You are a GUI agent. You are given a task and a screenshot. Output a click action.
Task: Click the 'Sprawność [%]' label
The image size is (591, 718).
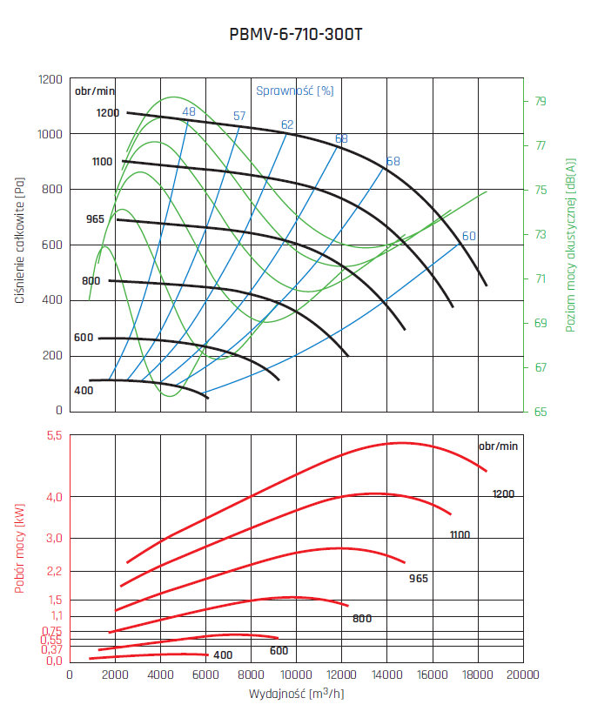tap(294, 90)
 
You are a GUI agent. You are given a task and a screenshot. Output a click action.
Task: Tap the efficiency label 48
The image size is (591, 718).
tap(189, 111)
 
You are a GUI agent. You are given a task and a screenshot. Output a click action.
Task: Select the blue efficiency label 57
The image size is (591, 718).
tap(239, 117)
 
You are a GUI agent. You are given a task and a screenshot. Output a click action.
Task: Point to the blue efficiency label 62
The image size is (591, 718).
tap(287, 124)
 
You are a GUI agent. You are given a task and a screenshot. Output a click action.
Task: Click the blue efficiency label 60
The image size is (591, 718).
tap(469, 236)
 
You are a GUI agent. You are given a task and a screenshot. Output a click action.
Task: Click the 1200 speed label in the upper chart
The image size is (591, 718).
tap(108, 113)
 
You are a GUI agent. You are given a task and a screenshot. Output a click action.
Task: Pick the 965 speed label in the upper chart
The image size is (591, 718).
tap(95, 219)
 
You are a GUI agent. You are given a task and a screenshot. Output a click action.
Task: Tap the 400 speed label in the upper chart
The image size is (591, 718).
tap(84, 391)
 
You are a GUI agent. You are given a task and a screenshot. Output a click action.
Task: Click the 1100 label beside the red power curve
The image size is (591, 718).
tap(460, 534)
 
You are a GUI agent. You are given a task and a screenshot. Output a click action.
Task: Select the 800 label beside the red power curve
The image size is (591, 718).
tap(362, 619)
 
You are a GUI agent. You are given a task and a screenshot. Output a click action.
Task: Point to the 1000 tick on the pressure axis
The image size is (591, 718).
tap(50, 134)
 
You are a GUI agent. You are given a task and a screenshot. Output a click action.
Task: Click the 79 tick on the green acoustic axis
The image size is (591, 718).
tap(541, 101)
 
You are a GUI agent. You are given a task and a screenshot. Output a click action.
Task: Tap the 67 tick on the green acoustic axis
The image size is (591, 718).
tap(541, 367)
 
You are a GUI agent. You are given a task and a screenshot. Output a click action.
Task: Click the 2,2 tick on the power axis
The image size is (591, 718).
tap(54, 571)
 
